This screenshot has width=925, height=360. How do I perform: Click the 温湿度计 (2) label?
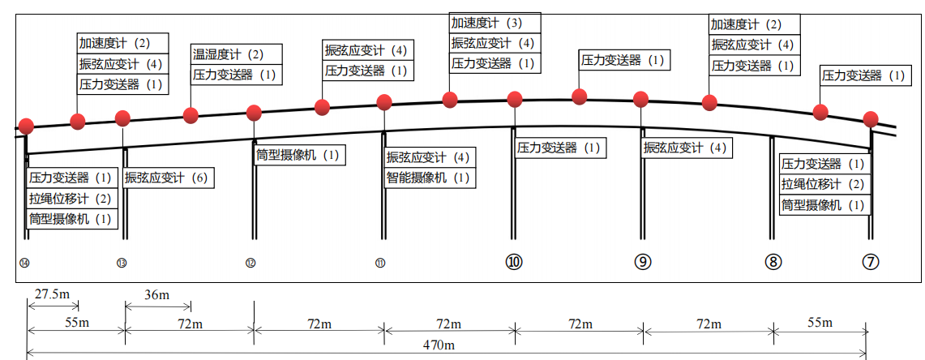[228, 55]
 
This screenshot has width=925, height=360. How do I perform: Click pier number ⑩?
[514, 262]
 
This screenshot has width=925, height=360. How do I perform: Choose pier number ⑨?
[643, 262]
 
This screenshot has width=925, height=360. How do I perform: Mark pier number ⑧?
[773, 262]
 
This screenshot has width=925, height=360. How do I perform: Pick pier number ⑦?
[870, 262]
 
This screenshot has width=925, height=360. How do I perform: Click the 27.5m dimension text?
[51, 294]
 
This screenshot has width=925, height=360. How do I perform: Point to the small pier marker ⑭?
[25, 263]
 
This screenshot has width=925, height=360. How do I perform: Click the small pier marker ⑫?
[251, 263]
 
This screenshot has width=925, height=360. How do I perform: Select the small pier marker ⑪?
[380, 263]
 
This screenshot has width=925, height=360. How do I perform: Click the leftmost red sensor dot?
[26, 126]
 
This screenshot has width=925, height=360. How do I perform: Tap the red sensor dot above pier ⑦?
[871, 118]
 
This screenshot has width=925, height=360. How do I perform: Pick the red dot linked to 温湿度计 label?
[191, 115]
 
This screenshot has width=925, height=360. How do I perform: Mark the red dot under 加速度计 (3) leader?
[450, 100]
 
